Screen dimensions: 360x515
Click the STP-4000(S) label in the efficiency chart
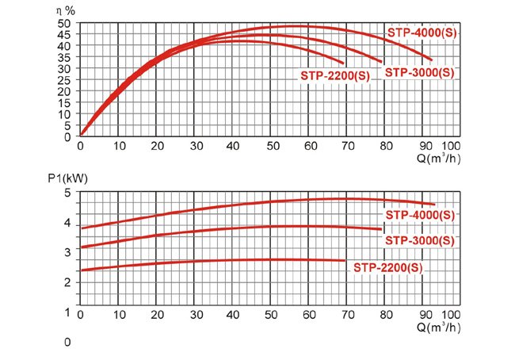click(422, 33)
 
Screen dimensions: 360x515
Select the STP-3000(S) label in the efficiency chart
click(420, 72)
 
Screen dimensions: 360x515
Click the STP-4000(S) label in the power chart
click(421, 215)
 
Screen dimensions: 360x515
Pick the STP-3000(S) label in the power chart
click(419, 240)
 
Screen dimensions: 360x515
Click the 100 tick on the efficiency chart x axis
click(450, 146)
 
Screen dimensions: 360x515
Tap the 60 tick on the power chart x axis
click(310, 315)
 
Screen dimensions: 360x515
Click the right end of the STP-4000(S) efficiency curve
click(431, 59)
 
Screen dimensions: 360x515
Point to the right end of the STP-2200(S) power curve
click(345, 260)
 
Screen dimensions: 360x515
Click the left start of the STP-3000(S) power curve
click(81, 247)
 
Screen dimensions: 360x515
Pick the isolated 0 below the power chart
click(69, 342)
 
